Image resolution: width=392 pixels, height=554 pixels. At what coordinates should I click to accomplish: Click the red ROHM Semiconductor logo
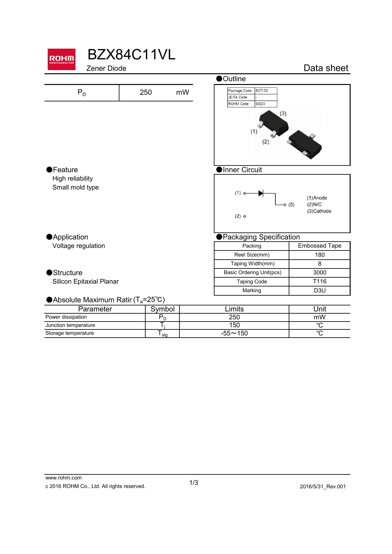62,59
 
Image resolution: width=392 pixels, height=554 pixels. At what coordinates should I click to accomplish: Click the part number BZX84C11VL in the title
131,55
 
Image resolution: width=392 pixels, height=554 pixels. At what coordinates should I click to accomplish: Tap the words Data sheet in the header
326,68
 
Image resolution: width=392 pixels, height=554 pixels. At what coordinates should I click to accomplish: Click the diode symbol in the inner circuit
261,193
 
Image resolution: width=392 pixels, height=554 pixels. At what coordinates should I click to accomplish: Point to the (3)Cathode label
319,211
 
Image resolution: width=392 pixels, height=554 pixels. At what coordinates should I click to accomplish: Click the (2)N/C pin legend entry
314,205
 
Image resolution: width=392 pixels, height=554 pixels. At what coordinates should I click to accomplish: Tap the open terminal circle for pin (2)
245,216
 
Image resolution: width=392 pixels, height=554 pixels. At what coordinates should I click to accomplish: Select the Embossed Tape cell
319,246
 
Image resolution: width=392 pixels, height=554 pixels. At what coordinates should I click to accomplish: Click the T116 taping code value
319,281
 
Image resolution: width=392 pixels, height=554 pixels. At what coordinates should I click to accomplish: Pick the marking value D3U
319,291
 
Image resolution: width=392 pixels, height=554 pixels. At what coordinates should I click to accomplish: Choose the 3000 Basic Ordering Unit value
319,273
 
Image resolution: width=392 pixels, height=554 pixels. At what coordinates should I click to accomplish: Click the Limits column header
234,309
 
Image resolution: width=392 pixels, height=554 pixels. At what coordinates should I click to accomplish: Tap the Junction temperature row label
70,325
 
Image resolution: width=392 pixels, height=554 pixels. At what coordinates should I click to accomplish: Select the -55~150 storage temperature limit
234,334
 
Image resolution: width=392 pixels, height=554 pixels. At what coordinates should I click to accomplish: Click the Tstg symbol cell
162,334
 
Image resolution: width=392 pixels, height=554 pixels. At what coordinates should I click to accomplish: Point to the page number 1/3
194,483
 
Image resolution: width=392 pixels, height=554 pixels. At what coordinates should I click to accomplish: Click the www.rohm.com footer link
63,478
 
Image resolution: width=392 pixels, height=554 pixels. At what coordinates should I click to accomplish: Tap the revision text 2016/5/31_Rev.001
323,487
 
